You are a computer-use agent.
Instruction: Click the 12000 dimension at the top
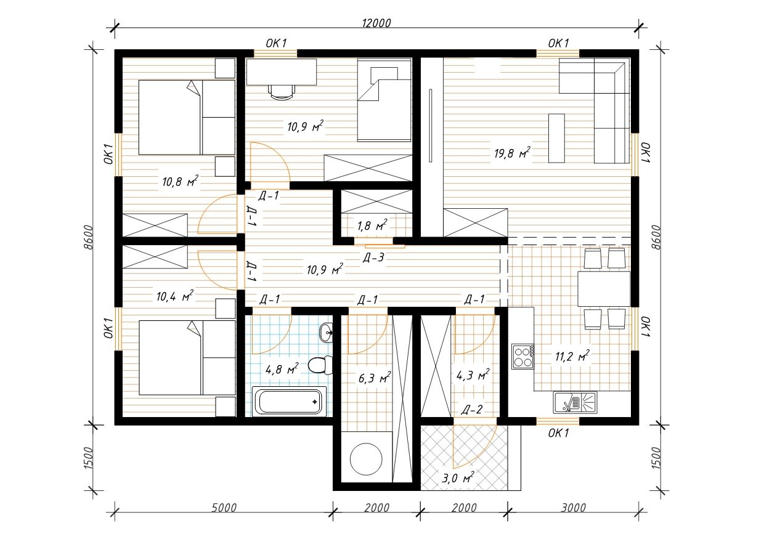376,23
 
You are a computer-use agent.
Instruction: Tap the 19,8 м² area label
512,153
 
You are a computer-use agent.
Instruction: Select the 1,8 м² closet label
372,225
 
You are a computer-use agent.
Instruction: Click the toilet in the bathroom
320,365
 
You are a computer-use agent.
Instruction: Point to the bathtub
289,402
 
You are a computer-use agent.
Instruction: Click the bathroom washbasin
326,332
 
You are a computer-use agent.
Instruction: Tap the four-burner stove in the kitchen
522,356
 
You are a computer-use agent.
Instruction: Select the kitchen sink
575,402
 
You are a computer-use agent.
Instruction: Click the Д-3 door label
373,257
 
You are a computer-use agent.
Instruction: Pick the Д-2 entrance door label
472,410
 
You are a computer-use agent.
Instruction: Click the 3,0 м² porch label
458,478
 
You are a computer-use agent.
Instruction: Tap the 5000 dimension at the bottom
224,508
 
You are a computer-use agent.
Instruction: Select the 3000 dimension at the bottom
574,508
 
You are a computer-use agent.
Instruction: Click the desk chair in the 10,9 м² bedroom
282,92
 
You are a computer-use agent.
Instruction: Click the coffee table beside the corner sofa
556,138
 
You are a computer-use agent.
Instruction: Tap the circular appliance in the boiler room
366,459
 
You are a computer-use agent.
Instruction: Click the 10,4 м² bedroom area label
175,296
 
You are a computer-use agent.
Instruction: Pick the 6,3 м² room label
375,378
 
